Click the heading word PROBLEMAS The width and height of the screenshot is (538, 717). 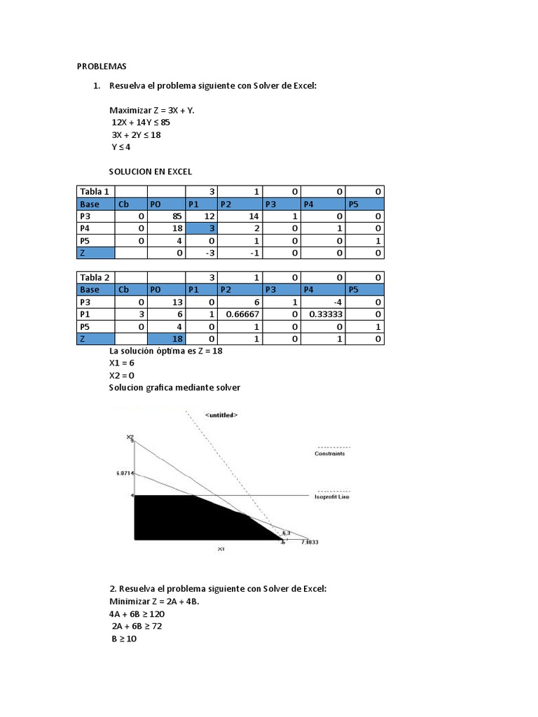coord(101,67)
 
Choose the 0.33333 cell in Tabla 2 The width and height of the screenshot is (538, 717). coord(324,315)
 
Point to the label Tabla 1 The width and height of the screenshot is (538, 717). coord(95,192)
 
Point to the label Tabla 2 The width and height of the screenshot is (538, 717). coord(95,277)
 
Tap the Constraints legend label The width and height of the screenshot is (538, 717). coord(329,453)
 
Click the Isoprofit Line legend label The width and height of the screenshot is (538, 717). coord(331,496)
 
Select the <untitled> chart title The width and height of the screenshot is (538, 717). coord(221,415)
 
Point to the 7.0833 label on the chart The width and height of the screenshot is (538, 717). coord(309,542)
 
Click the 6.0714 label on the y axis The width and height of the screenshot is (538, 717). coord(124,473)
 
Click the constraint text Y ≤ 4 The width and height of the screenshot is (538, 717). coord(120,147)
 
